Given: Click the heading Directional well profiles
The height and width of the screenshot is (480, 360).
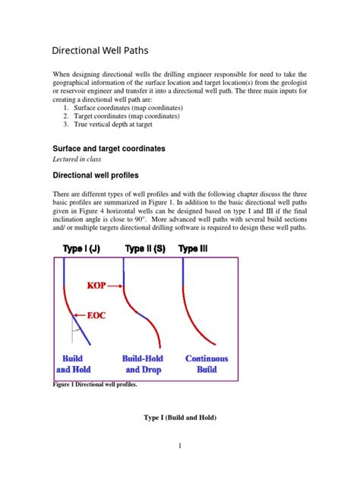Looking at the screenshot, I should pos(106,175).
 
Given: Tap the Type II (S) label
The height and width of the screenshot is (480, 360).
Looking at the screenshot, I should pos(145,249).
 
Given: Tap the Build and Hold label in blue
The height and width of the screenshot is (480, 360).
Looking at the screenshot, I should pos(74,364).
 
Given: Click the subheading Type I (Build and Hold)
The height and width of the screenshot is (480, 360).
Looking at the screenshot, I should pos(179,417).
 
